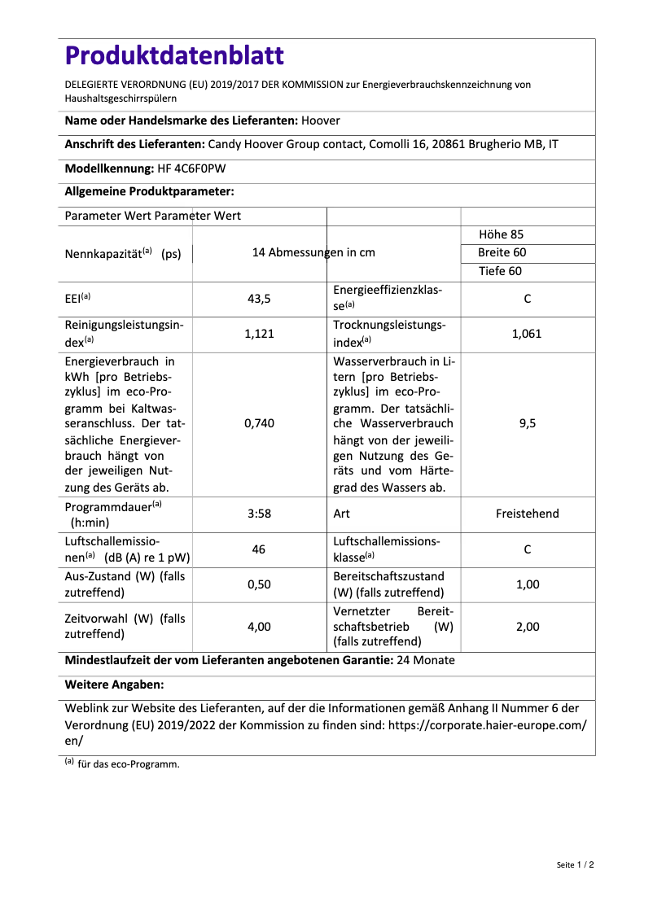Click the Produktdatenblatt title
[x=174, y=55]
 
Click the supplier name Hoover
[x=321, y=120]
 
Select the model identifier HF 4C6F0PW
[x=192, y=168]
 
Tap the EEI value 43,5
[x=259, y=299]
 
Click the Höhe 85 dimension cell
[x=501, y=234]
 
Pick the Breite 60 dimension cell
[x=502, y=252]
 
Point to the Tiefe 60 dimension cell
[x=500, y=271]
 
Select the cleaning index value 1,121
[x=259, y=334]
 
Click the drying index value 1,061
[x=527, y=334]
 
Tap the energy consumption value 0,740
[x=259, y=423]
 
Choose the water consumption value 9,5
[x=527, y=423]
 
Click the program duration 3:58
[x=259, y=514]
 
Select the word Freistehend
[x=527, y=514]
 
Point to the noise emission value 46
[x=259, y=549]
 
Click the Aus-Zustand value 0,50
[x=259, y=584]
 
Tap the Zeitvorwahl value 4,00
[x=259, y=627]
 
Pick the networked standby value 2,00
[x=527, y=627]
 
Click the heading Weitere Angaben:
[x=114, y=685]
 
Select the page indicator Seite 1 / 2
[x=576, y=864]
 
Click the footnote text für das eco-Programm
[x=129, y=764]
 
